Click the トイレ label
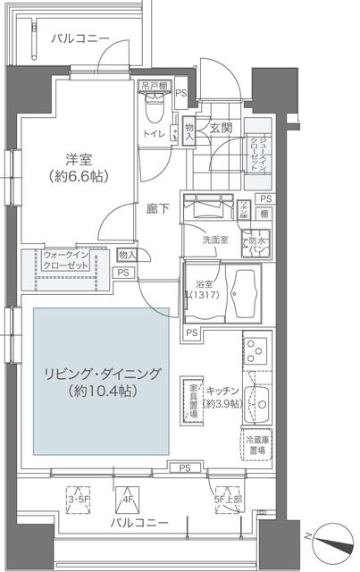154,135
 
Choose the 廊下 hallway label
159,209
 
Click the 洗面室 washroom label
215,240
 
